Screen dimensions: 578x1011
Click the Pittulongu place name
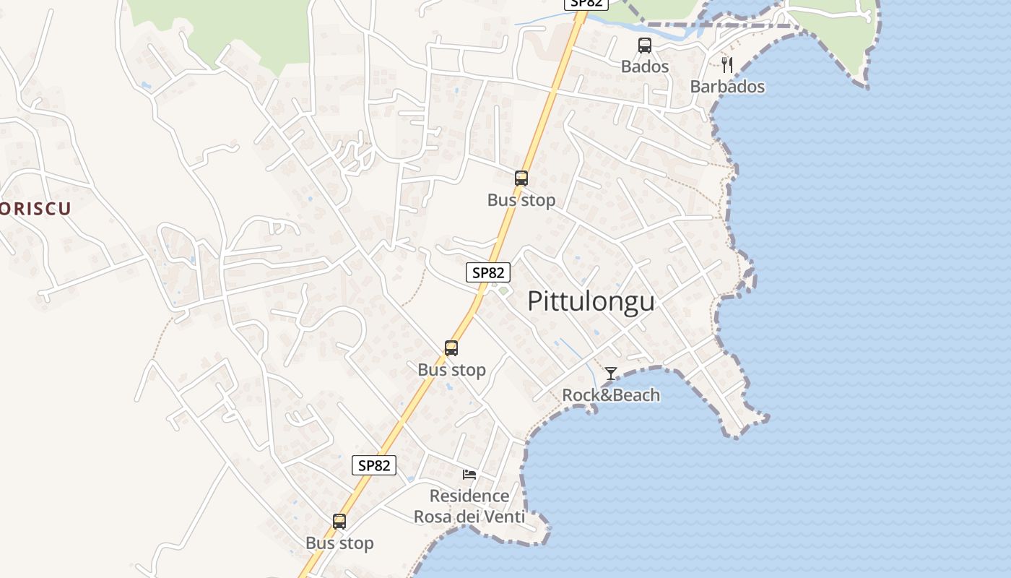click(591, 301)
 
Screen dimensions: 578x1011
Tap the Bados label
click(645, 66)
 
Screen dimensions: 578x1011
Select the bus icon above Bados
click(645, 46)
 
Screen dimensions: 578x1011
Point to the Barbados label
click(727, 87)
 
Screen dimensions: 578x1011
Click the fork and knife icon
click(727, 65)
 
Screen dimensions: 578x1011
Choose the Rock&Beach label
click(611, 395)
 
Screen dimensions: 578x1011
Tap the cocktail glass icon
click(611, 374)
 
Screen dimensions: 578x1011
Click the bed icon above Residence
click(469, 475)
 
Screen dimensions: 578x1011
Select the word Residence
click(469, 496)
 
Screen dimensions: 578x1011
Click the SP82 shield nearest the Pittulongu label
click(488, 272)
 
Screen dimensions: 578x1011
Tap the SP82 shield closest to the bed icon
click(374, 465)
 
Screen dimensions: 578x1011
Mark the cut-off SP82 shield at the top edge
click(586, 4)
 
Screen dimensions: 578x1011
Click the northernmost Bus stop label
click(521, 200)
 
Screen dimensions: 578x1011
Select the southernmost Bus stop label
click(339, 543)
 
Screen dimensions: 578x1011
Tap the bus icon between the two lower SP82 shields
click(451, 348)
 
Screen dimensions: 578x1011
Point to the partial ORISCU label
click(35, 210)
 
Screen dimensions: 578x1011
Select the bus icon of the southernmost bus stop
click(339, 522)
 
